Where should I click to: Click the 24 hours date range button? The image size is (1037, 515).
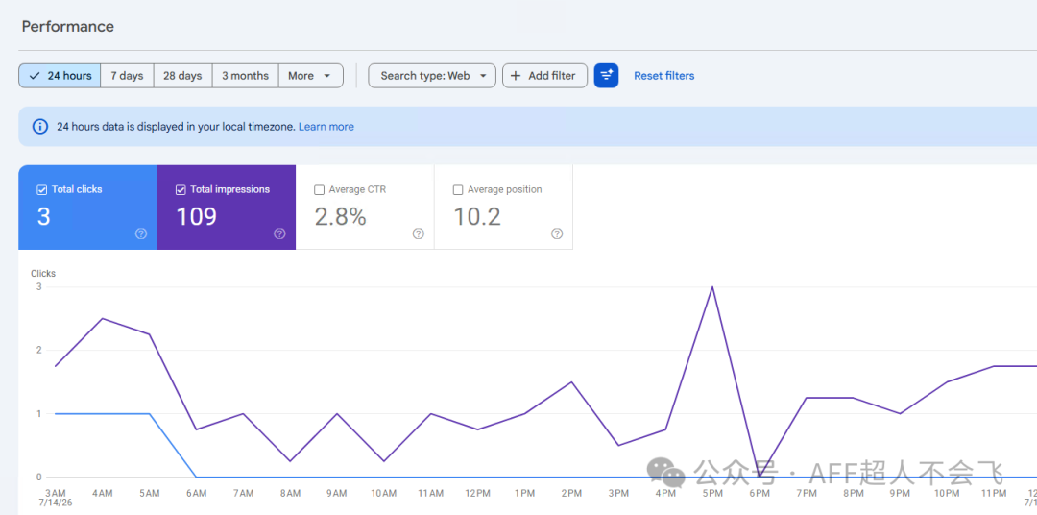[60, 76]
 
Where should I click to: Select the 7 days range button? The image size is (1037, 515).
[127, 76]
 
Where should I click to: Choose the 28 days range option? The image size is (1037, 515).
[182, 76]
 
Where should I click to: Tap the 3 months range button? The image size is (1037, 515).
[246, 76]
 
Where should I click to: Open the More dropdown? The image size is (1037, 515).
[311, 76]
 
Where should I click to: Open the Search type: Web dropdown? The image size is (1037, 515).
[432, 76]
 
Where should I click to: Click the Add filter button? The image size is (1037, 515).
[545, 76]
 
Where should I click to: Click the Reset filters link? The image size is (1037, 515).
[664, 76]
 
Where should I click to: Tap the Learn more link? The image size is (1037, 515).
[326, 127]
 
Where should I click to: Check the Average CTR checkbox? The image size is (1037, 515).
[320, 190]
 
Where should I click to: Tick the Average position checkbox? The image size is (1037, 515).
[458, 190]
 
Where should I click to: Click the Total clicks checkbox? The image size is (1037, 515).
[41, 190]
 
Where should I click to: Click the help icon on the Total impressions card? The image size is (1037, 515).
[279, 233]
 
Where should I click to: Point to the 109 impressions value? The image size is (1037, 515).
[197, 216]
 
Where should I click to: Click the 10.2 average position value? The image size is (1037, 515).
[477, 216]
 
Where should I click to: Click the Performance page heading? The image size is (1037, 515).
[68, 27]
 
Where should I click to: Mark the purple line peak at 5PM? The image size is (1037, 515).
[712, 286]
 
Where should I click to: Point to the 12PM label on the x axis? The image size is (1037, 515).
[477, 493]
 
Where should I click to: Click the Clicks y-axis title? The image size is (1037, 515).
[43, 274]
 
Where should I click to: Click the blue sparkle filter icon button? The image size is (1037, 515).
[607, 76]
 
